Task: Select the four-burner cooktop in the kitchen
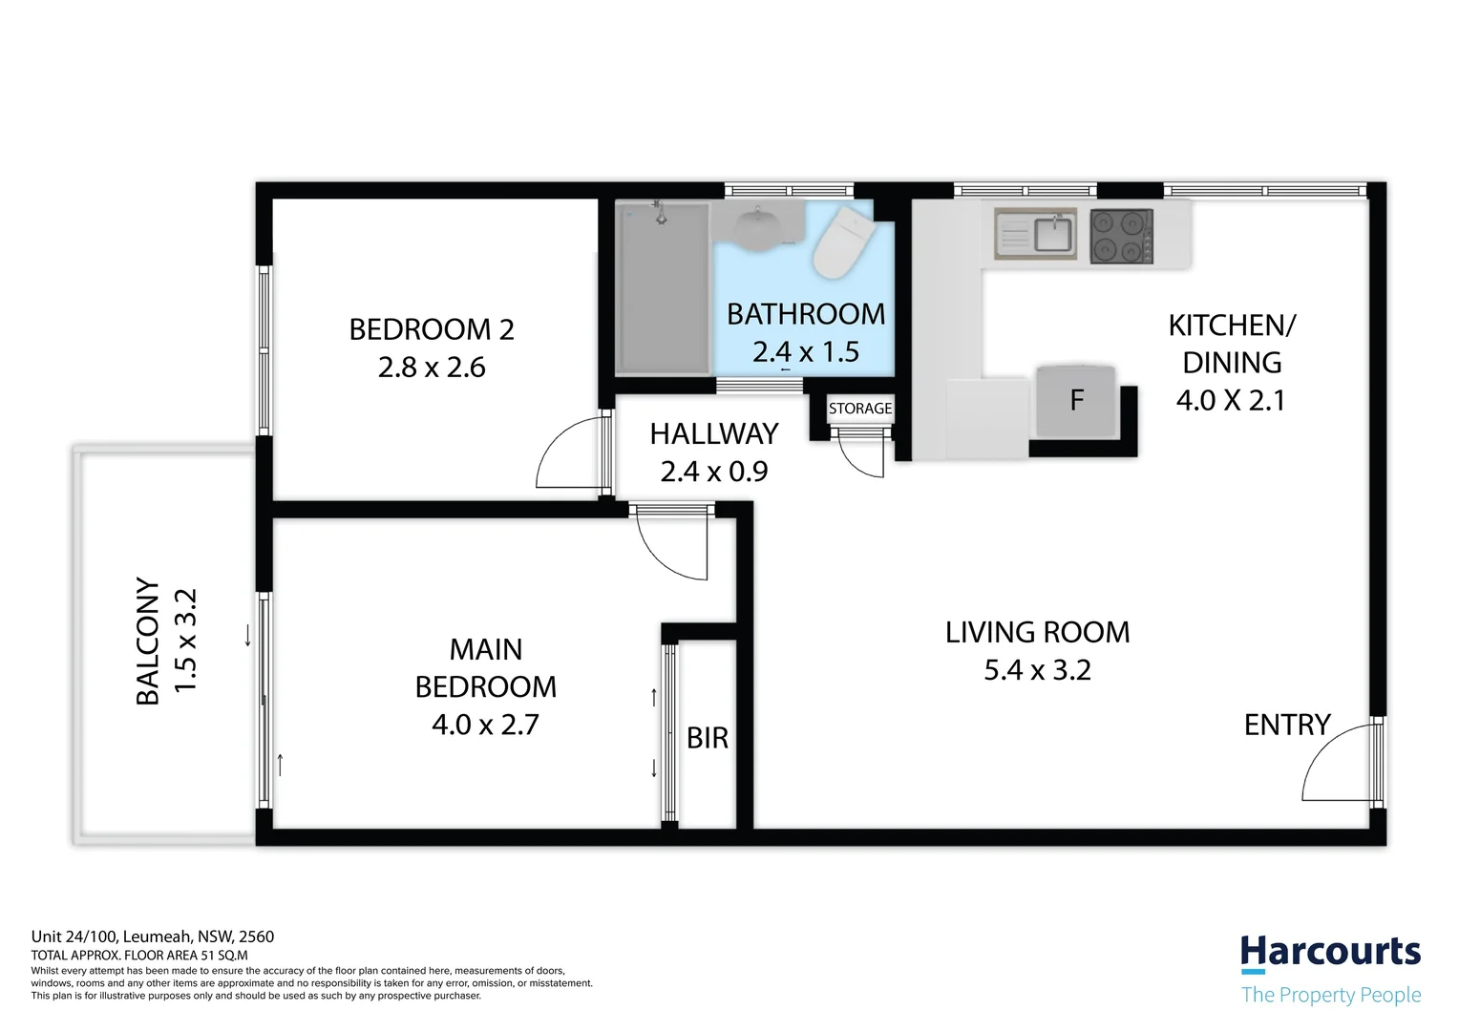tap(1121, 236)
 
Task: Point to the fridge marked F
tap(1077, 400)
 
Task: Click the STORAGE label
tap(860, 409)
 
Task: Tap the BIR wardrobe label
tap(708, 738)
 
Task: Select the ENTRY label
tap(1286, 726)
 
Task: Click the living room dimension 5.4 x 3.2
tap(1037, 670)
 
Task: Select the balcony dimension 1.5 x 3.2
tap(185, 641)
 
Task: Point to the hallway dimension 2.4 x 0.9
tap(713, 472)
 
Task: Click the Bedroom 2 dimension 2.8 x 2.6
tap(432, 368)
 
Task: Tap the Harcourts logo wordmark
tap(1330, 953)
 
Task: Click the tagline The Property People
tap(1330, 995)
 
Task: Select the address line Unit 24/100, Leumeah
tap(153, 936)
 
